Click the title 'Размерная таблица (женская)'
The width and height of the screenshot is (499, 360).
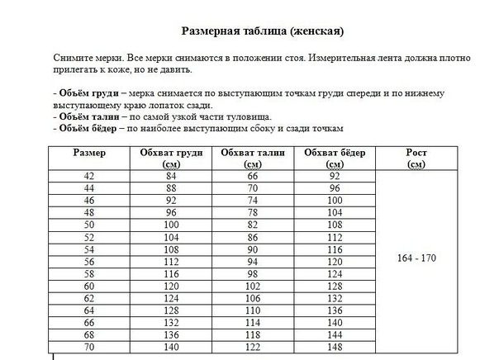262,32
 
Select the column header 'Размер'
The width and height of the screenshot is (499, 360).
89,154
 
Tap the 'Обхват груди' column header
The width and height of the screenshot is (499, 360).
172,154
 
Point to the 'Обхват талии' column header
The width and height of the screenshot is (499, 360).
253,154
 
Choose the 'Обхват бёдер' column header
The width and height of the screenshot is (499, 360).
334,154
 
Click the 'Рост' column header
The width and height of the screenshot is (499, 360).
416,154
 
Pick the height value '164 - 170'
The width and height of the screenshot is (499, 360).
416,258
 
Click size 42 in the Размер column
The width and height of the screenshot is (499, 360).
89,176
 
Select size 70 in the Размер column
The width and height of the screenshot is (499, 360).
89,348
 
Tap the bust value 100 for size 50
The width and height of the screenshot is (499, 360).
172,225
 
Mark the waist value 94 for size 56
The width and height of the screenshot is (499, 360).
253,262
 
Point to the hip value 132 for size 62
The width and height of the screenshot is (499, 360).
334,298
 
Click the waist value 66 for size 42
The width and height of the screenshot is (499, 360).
253,176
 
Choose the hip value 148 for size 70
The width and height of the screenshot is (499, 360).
334,348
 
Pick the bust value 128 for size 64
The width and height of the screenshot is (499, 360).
172,310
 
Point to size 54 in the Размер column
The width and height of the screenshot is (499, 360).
89,249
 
